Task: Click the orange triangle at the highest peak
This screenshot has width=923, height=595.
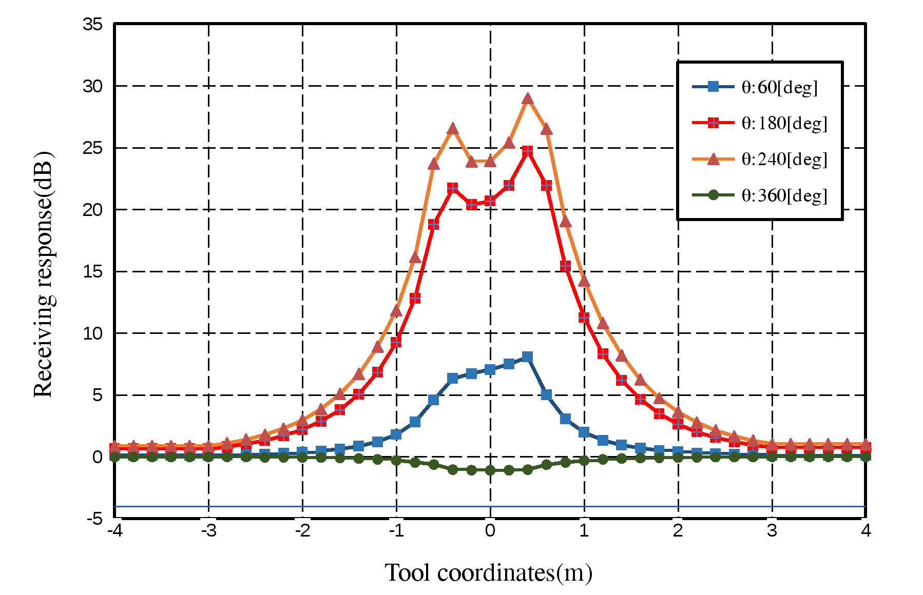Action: tap(528, 99)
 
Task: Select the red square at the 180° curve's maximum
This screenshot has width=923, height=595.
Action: tap(528, 151)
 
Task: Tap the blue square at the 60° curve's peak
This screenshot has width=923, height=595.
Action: tap(528, 357)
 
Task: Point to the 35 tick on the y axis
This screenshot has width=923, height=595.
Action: tap(93, 24)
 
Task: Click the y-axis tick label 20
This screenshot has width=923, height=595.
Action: tap(93, 210)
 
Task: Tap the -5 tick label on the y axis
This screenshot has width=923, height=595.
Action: tap(94, 519)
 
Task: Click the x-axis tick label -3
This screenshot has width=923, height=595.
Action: tap(208, 531)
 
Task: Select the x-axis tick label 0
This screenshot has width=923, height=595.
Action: tap(490, 531)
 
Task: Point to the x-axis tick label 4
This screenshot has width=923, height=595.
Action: tap(866, 531)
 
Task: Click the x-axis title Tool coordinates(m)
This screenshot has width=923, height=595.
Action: tap(489, 573)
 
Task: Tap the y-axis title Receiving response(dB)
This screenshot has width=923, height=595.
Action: tap(43, 274)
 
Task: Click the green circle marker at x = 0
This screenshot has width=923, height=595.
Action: tap(490, 470)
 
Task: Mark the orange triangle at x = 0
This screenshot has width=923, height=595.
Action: tap(490, 161)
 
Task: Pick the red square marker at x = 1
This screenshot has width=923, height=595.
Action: tap(584, 318)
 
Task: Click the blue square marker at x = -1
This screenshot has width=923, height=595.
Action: tap(396, 434)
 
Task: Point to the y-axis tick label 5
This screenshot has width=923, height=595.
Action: tap(98, 395)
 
